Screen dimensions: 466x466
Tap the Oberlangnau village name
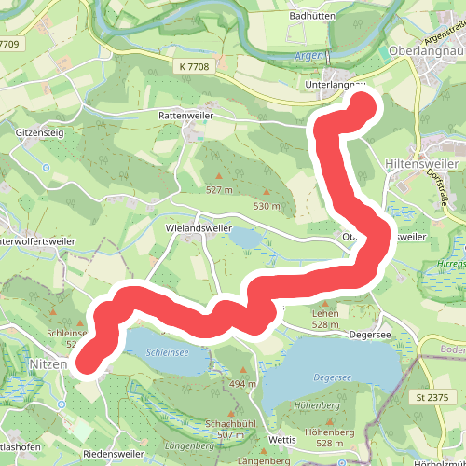coord(425,51)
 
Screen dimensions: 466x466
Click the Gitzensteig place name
coord(39,133)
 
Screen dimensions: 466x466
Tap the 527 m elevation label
coord(219,190)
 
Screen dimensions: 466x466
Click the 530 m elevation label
coord(267,206)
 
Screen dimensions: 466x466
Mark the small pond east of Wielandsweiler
coord(247,239)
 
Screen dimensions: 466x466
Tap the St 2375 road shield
coord(433,396)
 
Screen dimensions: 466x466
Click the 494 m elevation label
coord(243,384)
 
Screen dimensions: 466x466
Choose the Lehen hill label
coord(298,315)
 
